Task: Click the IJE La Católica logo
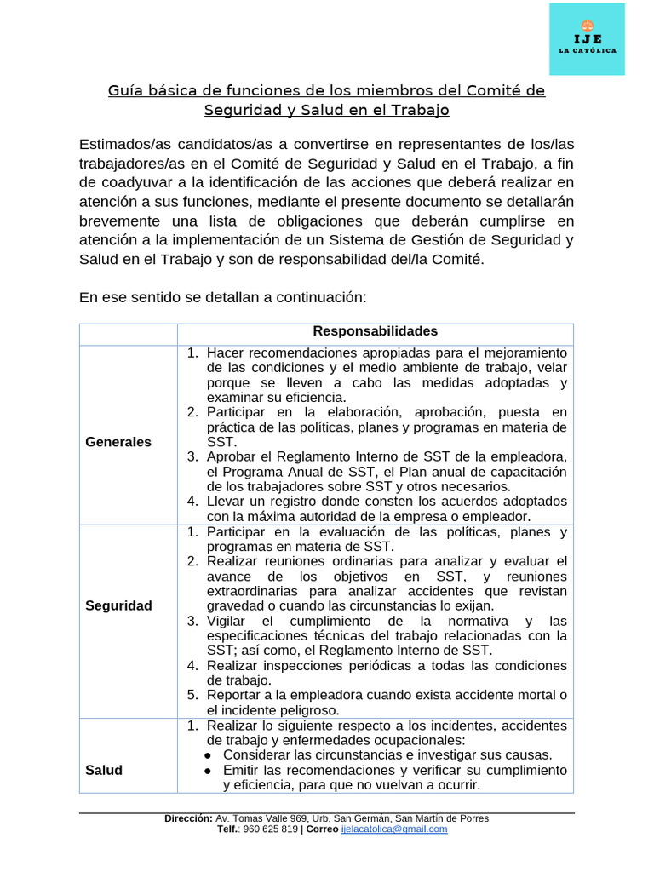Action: (587, 38)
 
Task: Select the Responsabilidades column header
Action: (375, 331)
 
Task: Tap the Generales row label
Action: (118, 442)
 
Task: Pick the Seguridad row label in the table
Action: (118, 605)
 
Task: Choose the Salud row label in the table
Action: (104, 770)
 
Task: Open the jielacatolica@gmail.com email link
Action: (393, 829)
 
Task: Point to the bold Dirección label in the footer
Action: (188, 818)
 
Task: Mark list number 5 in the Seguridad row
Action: (193, 695)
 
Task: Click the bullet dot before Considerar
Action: (209, 755)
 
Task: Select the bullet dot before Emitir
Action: (209, 770)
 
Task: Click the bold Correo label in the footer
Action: (322, 829)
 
